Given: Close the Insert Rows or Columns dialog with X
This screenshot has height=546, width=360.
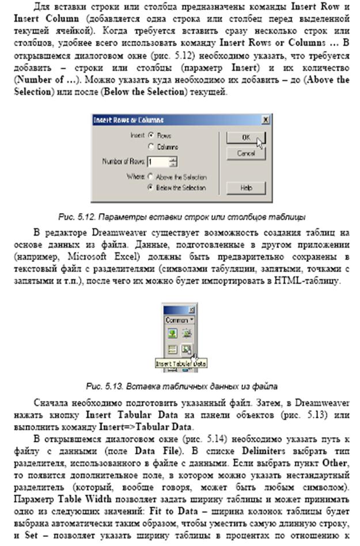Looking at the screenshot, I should click(x=264, y=120).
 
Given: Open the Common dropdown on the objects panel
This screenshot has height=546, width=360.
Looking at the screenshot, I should click(x=179, y=320).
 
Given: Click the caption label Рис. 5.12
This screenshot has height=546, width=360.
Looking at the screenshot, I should click(x=73, y=217).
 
